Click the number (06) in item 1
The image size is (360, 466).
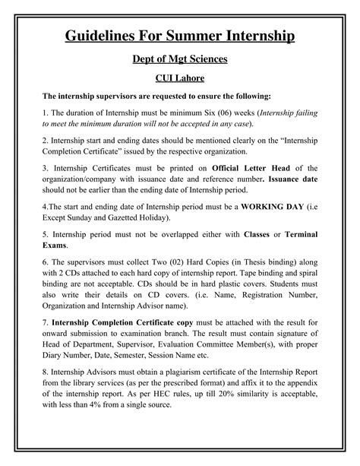click(x=222, y=112)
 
